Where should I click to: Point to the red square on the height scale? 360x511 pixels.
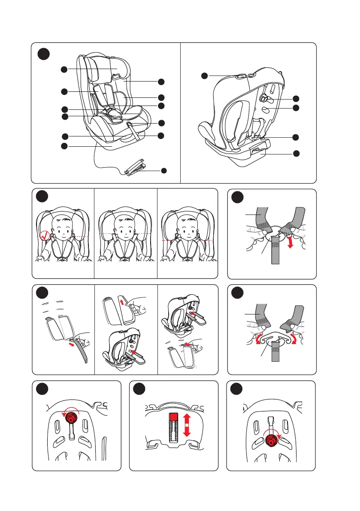(x=173, y=417)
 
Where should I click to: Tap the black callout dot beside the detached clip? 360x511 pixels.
(x=163, y=171)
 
